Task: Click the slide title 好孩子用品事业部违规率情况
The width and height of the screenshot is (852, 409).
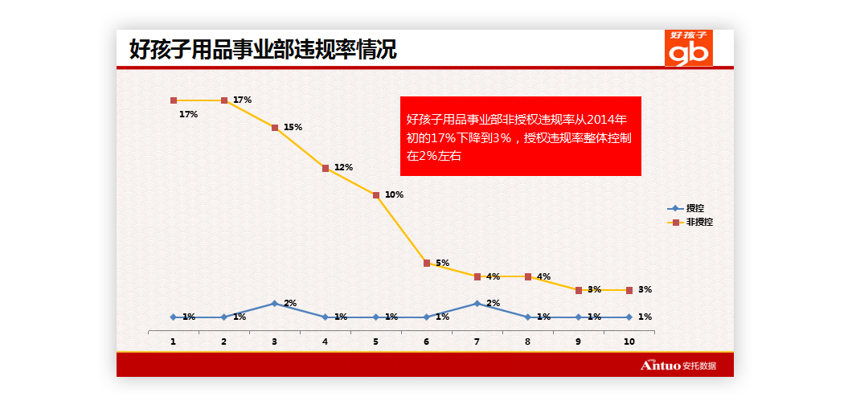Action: click(x=263, y=50)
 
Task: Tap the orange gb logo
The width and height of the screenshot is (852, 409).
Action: click(x=689, y=48)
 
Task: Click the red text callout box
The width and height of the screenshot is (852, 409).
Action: click(x=520, y=136)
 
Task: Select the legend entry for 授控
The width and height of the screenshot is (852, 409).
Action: click(x=690, y=208)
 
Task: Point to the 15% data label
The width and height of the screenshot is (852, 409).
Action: click(x=293, y=127)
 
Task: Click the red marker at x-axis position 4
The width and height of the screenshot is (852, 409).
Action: click(x=326, y=169)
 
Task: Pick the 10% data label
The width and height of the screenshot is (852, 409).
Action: click(x=394, y=194)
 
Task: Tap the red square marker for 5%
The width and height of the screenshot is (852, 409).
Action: click(x=427, y=263)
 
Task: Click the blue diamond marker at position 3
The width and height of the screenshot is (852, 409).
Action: click(x=275, y=304)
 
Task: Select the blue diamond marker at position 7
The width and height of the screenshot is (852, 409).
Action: click(x=477, y=304)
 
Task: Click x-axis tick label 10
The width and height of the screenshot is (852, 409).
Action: click(x=629, y=342)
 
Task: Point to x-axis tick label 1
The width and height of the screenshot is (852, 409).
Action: click(x=173, y=342)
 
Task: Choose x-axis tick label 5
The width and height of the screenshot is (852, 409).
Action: click(x=376, y=342)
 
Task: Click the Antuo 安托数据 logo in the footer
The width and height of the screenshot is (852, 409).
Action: click(x=678, y=366)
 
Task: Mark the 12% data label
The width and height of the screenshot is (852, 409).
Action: click(x=343, y=167)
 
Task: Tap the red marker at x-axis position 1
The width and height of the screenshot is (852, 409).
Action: click(x=174, y=100)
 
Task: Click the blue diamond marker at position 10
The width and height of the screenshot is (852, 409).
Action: click(x=629, y=317)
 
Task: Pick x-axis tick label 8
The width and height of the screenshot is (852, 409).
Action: click(x=528, y=342)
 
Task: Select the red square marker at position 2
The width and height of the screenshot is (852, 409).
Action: click(x=224, y=100)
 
